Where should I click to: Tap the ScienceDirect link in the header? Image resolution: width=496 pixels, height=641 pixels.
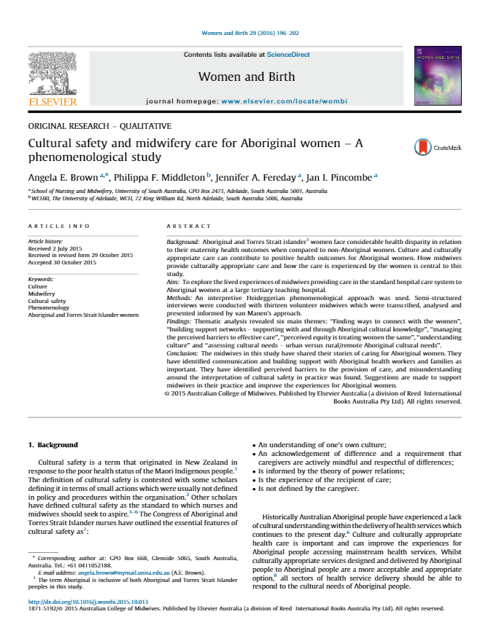pyautogui.click(x=288, y=55)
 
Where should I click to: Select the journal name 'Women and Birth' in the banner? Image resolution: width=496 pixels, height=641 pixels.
pyautogui.click(x=247, y=76)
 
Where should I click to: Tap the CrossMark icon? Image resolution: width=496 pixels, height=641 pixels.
pyautogui.click(x=424, y=147)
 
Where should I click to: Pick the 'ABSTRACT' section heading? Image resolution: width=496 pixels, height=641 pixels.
pyautogui.click(x=189, y=227)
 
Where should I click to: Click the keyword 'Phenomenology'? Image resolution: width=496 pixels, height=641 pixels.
pyautogui.click(x=48, y=308)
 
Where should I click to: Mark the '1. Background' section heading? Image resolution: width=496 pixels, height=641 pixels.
pyautogui.click(x=53, y=444)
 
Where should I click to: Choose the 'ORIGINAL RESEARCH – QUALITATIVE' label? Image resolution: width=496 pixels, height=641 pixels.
pyautogui.click(x=99, y=126)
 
